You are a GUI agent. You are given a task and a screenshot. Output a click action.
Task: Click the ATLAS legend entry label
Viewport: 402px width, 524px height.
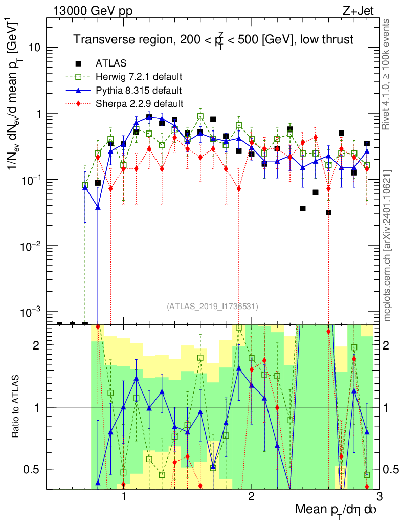click(107, 64)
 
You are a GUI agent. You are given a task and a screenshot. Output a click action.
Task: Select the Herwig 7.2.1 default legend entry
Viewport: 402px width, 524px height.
click(139, 77)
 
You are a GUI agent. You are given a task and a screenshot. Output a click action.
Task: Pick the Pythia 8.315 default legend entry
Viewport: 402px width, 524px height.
click(138, 91)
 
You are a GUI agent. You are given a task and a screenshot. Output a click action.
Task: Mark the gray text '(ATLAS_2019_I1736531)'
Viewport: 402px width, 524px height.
click(212, 307)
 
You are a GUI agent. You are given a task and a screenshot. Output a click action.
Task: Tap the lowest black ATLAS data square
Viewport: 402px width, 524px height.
click(328, 212)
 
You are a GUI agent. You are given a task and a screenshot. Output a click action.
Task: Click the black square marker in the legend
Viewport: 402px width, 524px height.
click(79, 64)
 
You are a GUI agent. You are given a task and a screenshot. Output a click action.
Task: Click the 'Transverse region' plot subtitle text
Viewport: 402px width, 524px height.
click(213, 39)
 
